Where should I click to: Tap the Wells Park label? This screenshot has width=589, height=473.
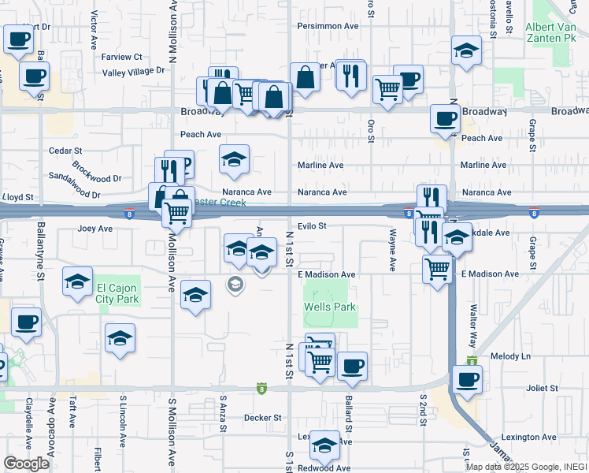[331, 307]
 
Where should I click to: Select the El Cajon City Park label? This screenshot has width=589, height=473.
[117, 293]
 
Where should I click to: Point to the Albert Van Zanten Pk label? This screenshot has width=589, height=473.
[555, 32]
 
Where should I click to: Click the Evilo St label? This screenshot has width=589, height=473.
[312, 226]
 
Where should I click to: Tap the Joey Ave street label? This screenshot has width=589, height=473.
[95, 229]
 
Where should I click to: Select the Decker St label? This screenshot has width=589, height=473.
[262, 417]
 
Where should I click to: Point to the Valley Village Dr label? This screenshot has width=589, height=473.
[134, 71]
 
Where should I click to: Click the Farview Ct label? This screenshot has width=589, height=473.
[122, 57]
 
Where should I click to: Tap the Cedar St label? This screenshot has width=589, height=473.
[66, 150]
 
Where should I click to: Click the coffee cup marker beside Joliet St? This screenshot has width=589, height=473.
[467, 378]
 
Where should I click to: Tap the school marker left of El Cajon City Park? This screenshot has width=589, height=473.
[77, 283]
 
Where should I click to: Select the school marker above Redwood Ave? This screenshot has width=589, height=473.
[324, 445]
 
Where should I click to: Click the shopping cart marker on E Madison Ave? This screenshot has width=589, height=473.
[437, 269]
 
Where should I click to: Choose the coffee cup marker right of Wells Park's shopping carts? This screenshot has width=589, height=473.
[353, 366]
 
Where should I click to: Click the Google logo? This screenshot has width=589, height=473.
[26, 464]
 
